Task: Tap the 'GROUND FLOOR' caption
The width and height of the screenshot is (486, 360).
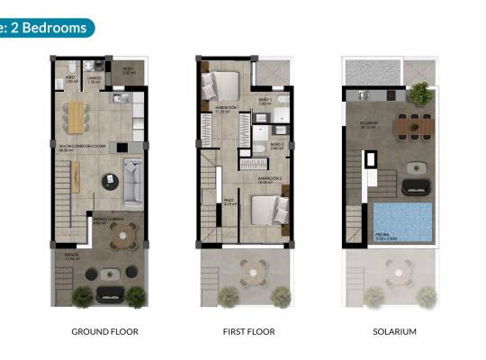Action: [x=104, y=331]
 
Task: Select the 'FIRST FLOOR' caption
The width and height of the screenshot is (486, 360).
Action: [x=247, y=331]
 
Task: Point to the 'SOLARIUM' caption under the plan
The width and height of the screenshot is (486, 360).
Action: [x=394, y=331]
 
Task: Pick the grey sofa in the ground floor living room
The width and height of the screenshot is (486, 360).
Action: [x=133, y=183]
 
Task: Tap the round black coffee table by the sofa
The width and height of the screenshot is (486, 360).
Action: [x=111, y=180]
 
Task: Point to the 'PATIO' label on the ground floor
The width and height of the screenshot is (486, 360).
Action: [x=128, y=67]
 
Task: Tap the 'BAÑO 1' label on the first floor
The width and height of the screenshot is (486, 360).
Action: [x=264, y=101]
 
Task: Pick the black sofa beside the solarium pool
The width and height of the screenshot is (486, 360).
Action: [x=416, y=186]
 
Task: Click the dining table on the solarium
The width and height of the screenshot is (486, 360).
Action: [x=412, y=126]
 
